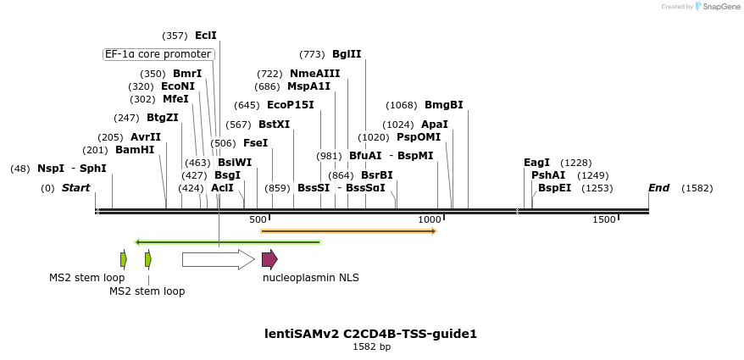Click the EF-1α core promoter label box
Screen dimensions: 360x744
pyautogui.click(x=158, y=54)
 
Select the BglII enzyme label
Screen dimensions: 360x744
pyautogui.click(x=347, y=54)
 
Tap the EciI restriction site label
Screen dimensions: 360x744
pyautogui.click(x=206, y=36)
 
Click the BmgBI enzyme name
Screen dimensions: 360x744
pyautogui.click(x=443, y=105)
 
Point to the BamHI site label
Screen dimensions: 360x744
pyautogui.click(x=135, y=150)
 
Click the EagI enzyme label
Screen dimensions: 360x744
pyautogui.click(x=536, y=163)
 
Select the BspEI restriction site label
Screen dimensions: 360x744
pyautogui.click(x=554, y=188)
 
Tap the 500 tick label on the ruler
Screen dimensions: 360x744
pyautogui.click(x=258, y=220)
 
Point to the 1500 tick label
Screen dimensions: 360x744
pyautogui.click(x=603, y=220)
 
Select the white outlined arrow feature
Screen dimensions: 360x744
pyautogui.click(x=218, y=259)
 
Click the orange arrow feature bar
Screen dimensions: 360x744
pyautogui.click(x=348, y=230)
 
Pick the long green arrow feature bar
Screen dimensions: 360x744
pyautogui.click(x=227, y=242)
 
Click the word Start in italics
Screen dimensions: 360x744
pyautogui.click(x=75, y=188)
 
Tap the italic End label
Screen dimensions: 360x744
pyautogui.click(x=658, y=188)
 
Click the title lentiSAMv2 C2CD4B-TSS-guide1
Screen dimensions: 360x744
pyautogui.click(x=371, y=334)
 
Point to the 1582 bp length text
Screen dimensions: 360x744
pyautogui.click(x=371, y=346)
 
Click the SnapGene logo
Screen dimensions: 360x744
pyautogui.click(x=717, y=7)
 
